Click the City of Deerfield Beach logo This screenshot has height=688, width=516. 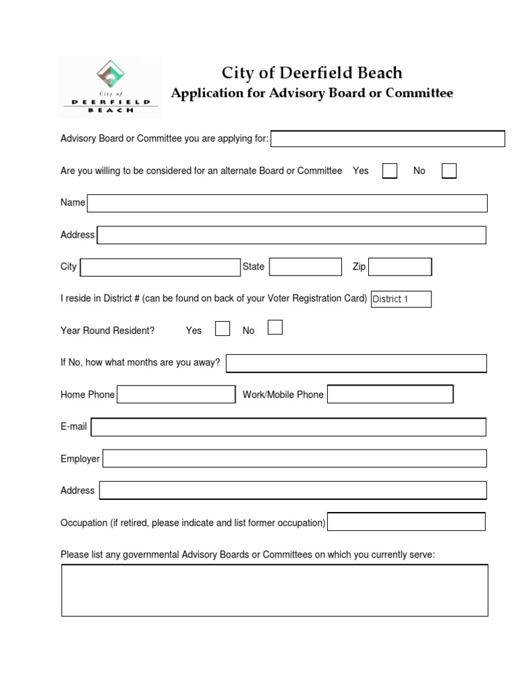pyautogui.click(x=110, y=87)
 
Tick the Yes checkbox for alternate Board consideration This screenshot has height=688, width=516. pyautogui.click(x=390, y=171)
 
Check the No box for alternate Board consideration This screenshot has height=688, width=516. pyautogui.click(x=449, y=171)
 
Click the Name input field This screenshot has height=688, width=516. pyautogui.click(x=287, y=203)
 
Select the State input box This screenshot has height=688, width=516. pyautogui.click(x=305, y=267)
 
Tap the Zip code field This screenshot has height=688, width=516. pyautogui.click(x=400, y=267)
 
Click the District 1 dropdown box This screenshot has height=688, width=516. pyautogui.click(x=401, y=299)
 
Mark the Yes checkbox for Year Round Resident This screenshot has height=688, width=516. pyautogui.click(x=222, y=329)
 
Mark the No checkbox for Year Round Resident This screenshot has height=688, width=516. pyautogui.click(x=275, y=327)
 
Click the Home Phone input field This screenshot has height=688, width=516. pyautogui.click(x=176, y=394)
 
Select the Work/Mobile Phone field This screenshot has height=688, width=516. pyautogui.click(x=390, y=394)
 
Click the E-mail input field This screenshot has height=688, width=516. pyautogui.click(x=288, y=427)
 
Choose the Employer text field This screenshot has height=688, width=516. pyautogui.click(x=294, y=458)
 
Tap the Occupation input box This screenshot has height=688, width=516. pyautogui.click(x=406, y=521)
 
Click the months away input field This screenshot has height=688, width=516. pyautogui.click(x=356, y=363)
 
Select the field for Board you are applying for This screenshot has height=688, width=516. pyautogui.click(x=388, y=139)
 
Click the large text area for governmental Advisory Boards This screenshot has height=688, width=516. pyautogui.click(x=275, y=590)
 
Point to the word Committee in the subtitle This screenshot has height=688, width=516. pyautogui.click(x=420, y=93)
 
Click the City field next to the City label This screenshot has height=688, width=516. pyautogui.click(x=160, y=267)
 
